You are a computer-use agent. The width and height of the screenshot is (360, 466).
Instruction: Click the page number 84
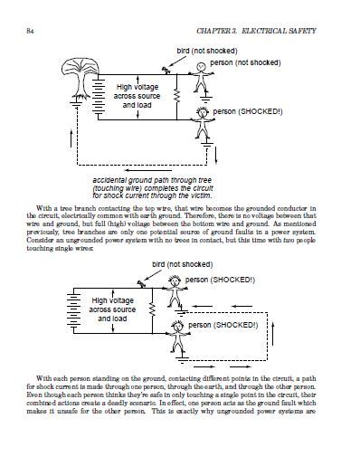point(33,33)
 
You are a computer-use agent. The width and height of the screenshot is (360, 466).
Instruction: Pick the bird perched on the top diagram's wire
point(165,70)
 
